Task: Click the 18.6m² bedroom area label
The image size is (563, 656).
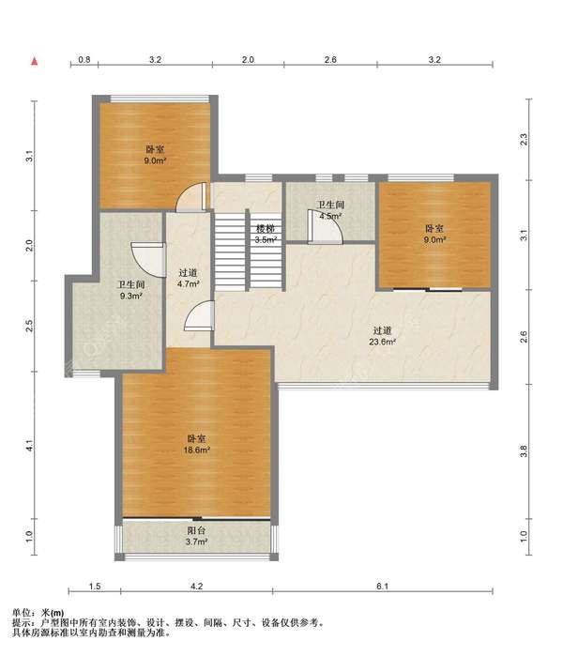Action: pos(196,444)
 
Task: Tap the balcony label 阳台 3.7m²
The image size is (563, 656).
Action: pos(197,536)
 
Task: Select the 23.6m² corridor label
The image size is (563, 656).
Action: pos(382,336)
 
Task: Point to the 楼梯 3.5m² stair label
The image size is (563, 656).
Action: pos(266,235)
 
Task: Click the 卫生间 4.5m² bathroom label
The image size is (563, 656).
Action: pos(330,210)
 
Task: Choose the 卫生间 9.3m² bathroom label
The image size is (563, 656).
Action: pos(131,290)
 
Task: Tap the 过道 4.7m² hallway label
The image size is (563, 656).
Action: pos(188,278)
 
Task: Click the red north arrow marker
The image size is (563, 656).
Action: pos(35,62)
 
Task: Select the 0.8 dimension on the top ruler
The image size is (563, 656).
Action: pos(84,60)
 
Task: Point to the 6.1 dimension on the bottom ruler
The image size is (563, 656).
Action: pos(382,587)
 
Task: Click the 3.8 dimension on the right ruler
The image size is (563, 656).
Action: pos(524,451)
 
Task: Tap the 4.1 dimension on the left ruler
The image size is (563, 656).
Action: pos(29,447)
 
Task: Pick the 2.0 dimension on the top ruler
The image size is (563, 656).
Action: pos(248,60)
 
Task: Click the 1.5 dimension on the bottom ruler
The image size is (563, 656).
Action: pos(95,587)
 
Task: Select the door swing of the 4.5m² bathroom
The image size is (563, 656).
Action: pos(326,226)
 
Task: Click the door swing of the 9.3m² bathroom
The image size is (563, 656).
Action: pos(148,259)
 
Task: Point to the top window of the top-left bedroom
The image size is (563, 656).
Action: pos(159,99)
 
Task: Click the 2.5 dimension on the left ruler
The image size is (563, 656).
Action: pos(29,326)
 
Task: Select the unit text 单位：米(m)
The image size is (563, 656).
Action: pos(38,614)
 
